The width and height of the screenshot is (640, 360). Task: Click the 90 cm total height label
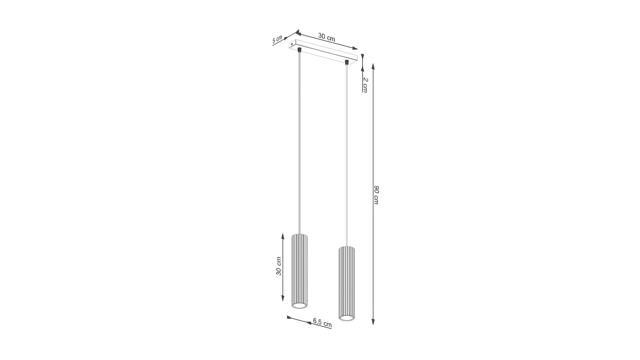[376, 194]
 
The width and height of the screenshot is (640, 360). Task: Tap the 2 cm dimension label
[366, 84]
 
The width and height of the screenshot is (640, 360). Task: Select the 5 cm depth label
[277, 40]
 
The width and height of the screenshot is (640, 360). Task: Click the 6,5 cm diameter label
[322, 322]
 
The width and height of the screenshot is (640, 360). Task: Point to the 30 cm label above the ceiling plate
[326, 38]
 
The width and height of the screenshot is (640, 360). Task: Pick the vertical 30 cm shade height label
[279, 266]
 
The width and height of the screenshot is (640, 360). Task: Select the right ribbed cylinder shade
[346, 284]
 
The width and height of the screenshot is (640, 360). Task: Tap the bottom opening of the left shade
[300, 306]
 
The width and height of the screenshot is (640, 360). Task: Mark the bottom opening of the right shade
[346, 318]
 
